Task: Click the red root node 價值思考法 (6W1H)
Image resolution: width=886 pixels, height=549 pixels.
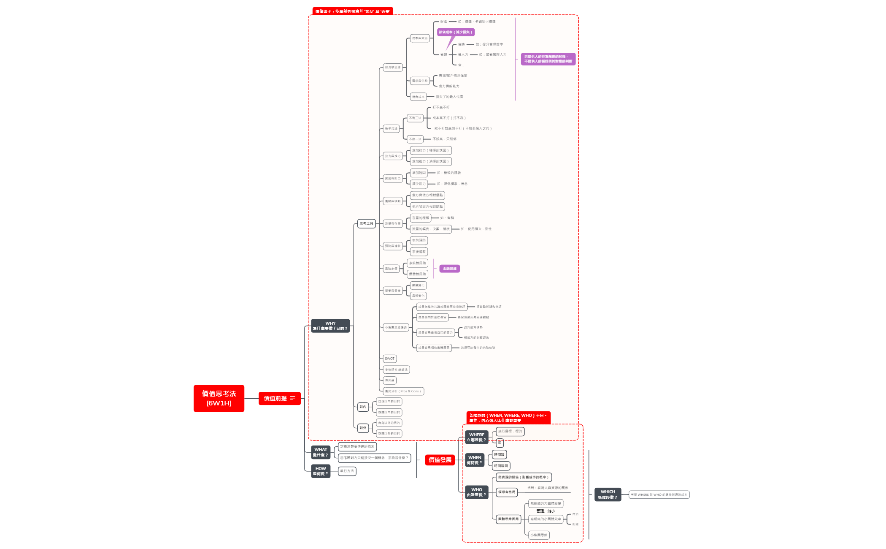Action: pyautogui.click(x=219, y=398)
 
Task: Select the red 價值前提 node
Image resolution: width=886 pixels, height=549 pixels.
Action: pyautogui.click(x=279, y=398)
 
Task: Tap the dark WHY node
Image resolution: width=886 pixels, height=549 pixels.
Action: pyautogui.click(x=330, y=326)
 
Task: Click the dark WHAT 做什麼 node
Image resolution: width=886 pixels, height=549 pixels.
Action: pyautogui.click(x=320, y=452)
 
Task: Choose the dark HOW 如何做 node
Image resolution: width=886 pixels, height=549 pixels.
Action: pyautogui.click(x=320, y=471)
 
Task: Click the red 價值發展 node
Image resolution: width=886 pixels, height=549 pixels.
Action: pyautogui.click(x=440, y=460)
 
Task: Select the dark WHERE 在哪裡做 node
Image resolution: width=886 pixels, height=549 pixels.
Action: pyautogui.click(x=476, y=437)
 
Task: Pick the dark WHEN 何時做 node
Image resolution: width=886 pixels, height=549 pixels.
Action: pyautogui.click(x=474, y=460)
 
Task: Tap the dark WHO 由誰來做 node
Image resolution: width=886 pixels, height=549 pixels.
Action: pyautogui.click(x=476, y=492)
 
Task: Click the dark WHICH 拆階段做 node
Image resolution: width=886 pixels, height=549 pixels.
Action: pyautogui.click(x=608, y=495)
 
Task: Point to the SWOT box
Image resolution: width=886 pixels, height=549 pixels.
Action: pyautogui.click(x=389, y=359)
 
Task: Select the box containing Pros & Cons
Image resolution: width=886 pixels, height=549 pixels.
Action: pyautogui.click(x=403, y=391)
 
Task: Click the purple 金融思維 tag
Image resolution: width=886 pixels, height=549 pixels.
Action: pyautogui.click(x=449, y=269)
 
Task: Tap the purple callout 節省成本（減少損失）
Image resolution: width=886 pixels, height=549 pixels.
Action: pyautogui.click(x=456, y=32)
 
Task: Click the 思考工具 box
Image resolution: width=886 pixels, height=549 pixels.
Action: pyautogui.click(x=366, y=223)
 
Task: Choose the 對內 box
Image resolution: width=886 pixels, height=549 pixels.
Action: pyautogui.click(x=363, y=407)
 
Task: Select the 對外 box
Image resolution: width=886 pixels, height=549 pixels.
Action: pyautogui.click(x=363, y=428)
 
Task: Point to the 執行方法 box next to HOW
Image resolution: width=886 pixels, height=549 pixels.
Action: pyautogui.click(x=347, y=471)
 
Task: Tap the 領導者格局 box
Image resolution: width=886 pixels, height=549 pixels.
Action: pyautogui.click(x=506, y=492)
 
